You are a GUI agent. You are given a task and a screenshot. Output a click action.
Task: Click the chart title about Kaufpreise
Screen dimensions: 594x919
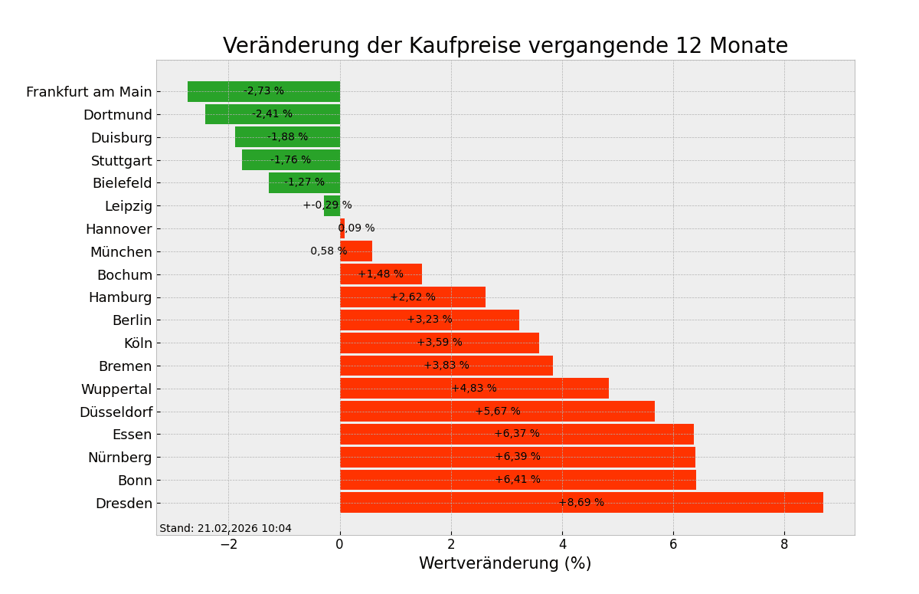pyautogui.click(x=505, y=46)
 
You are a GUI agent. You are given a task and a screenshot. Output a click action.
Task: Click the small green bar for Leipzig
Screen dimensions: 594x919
pyautogui.click(x=332, y=205)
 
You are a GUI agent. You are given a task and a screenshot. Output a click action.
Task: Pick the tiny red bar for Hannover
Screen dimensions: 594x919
pyautogui.click(x=342, y=228)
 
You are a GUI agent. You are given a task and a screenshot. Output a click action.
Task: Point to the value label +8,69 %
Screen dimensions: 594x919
pyautogui.click(x=581, y=503)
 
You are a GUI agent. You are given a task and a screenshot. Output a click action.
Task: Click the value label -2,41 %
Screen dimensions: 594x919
pyautogui.click(x=272, y=114)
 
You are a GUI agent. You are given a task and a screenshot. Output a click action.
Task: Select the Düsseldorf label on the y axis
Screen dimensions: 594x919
pyautogui.click(x=116, y=412)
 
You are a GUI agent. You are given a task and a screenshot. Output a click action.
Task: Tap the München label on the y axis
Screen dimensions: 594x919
pyautogui.click(x=121, y=252)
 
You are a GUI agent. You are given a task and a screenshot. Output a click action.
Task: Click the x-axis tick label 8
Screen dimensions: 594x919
pyautogui.click(x=784, y=544)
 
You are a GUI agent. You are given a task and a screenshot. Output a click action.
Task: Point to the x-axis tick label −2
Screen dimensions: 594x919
pyautogui.click(x=228, y=544)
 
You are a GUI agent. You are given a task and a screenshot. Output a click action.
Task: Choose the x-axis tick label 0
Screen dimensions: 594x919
pyautogui.click(x=340, y=544)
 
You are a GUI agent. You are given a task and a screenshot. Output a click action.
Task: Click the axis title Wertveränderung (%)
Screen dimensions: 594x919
pyautogui.click(x=505, y=564)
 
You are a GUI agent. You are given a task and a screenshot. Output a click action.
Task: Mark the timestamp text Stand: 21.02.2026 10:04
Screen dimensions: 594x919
pyautogui.click(x=225, y=529)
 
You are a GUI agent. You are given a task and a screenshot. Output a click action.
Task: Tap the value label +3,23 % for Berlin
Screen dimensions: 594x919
pyautogui.click(x=429, y=320)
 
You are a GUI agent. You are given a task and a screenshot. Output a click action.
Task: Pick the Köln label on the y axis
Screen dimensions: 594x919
pyautogui.click(x=138, y=343)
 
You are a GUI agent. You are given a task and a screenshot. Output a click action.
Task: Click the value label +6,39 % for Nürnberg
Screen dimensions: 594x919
pyautogui.click(x=517, y=457)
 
